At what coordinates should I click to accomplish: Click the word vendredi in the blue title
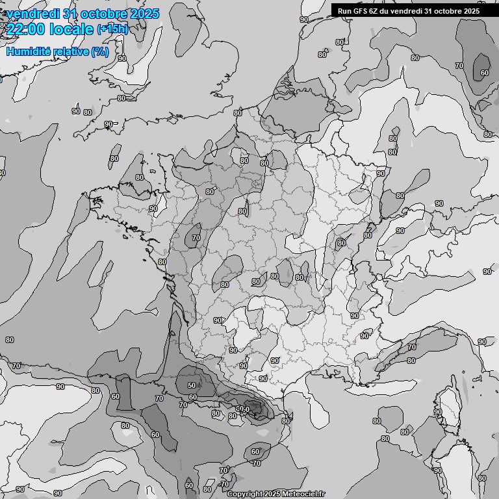(x=33, y=14)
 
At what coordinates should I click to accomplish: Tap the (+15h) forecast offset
(x=112, y=29)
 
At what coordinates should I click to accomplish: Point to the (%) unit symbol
(x=100, y=51)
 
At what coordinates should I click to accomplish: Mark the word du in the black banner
(x=389, y=10)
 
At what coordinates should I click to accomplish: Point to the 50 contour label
(x=192, y=385)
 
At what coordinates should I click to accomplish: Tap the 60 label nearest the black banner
(x=485, y=73)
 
